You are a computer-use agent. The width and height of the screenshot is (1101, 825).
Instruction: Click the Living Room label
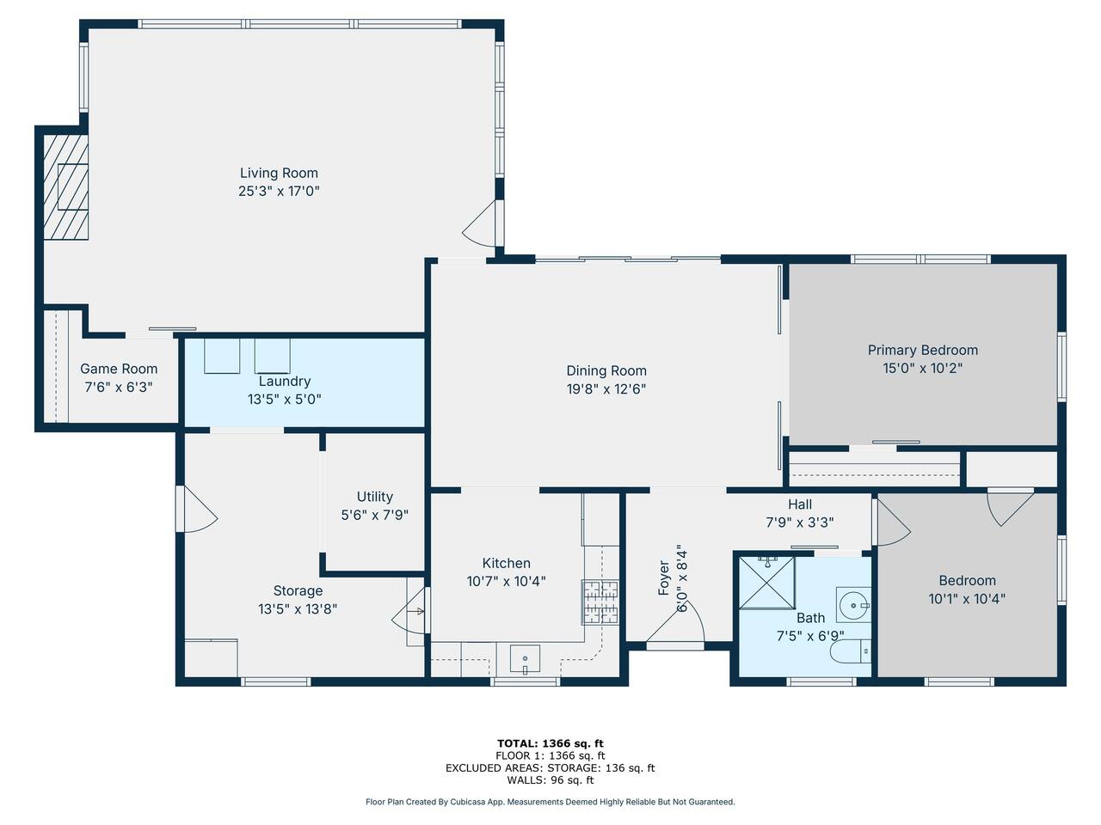(279, 174)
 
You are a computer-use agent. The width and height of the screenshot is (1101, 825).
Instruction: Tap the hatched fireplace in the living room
(65, 186)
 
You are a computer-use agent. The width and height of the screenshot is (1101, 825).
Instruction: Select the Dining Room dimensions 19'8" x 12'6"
(606, 389)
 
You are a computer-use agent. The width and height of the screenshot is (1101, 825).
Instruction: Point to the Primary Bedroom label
(922, 350)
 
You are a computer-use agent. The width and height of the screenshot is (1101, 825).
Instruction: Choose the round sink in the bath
(853, 605)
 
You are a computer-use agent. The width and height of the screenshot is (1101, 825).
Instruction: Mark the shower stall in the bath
(767, 583)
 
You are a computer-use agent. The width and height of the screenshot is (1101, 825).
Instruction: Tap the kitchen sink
(526, 658)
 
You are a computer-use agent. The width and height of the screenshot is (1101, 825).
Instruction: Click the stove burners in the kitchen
(600, 602)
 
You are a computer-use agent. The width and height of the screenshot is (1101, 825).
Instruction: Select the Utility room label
(375, 497)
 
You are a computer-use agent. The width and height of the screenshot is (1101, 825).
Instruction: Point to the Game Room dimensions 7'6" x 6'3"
(119, 388)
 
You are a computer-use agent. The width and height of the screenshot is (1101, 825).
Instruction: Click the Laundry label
(285, 382)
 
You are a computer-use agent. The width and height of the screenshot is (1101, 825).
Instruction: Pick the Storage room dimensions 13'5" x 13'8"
(298, 609)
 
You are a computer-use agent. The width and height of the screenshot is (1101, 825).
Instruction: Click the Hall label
(800, 504)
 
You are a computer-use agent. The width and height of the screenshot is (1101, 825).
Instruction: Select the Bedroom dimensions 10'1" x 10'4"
(967, 599)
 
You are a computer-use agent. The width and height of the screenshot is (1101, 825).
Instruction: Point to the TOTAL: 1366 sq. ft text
(550, 743)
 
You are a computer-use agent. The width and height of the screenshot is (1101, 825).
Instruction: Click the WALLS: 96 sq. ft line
(550, 780)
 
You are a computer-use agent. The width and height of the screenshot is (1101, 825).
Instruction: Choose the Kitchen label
(506, 563)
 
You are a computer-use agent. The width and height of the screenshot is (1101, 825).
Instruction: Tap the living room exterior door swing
(479, 223)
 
